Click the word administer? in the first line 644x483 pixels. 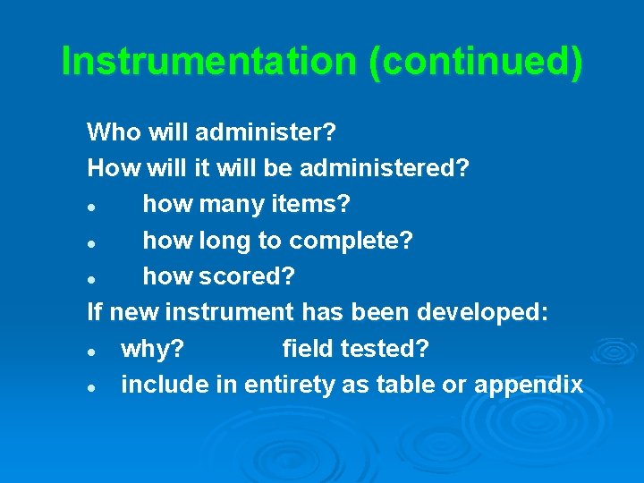coord(266,133)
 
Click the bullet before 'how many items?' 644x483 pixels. coord(92,207)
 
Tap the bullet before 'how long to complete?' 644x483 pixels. coord(92,242)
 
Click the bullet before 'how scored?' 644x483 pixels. coord(92,278)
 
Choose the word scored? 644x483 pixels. coord(259,276)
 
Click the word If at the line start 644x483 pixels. coord(94,312)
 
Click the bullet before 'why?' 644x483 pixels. coord(92,351)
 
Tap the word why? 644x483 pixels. coord(154,349)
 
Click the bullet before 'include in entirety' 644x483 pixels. coord(92,386)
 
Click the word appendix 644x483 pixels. coord(528,385)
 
